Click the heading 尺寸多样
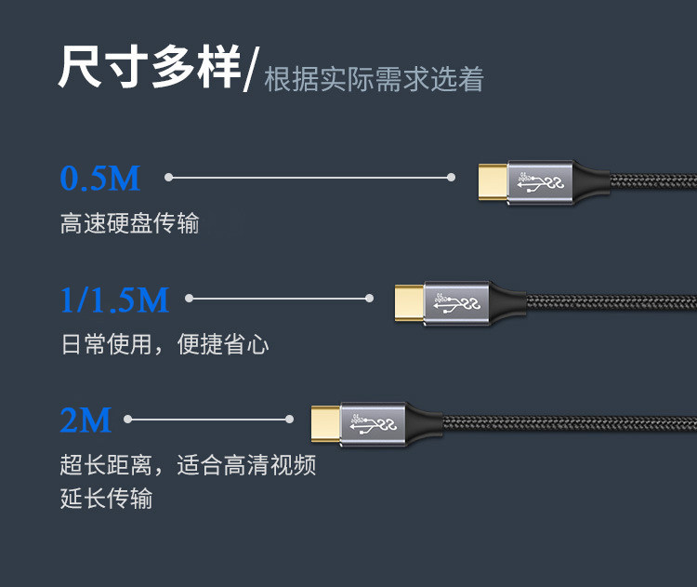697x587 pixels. tap(149, 67)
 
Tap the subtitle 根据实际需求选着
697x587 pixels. tap(374, 79)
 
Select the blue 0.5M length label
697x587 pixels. tap(99, 178)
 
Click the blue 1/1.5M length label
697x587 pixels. tap(114, 300)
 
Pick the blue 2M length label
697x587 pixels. tap(85, 420)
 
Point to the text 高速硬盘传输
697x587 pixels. tap(130, 224)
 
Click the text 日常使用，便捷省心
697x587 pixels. tap(165, 345)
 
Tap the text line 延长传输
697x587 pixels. tap(107, 499)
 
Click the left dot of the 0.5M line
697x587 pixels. tap(169, 177)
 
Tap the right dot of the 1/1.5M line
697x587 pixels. tap(369, 299)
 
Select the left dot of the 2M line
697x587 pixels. tap(128, 420)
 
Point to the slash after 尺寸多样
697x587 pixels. tap(250, 71)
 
